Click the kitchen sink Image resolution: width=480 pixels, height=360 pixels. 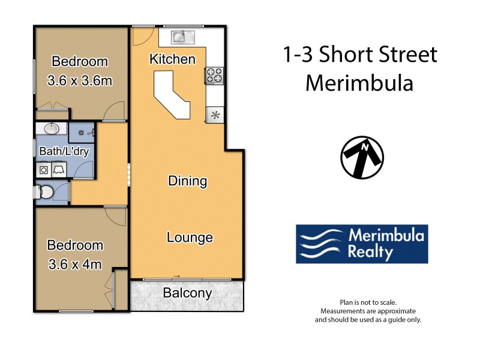[181, 37]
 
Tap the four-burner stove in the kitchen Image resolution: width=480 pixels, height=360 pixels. [214, 75]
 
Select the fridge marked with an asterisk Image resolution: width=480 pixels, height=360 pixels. [214, 114]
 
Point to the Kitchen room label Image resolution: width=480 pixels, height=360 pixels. [172, 59]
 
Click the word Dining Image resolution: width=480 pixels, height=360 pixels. [187, 181]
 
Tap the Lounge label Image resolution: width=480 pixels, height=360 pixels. [190, 238]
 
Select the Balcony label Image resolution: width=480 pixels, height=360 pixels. [187, 293]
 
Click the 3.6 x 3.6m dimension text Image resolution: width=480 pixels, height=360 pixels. [80, 80]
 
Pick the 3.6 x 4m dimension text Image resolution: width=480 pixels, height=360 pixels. [75, 263]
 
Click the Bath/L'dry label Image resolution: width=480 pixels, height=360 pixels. [64, 151]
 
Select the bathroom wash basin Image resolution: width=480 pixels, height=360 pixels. [52, 128]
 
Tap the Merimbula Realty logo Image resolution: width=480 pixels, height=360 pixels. [362, 244]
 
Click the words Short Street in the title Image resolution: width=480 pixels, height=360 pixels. [379, 55]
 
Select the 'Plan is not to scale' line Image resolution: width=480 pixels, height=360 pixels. [368, 303]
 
